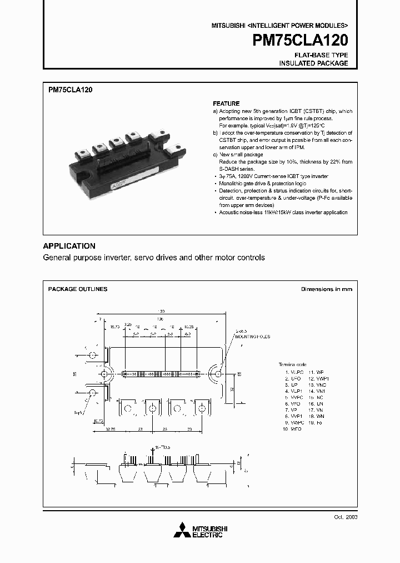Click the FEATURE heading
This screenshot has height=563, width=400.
226,103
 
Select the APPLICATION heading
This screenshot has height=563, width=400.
69,246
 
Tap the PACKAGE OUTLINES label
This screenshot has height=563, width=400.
78,289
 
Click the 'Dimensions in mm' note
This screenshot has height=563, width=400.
326,289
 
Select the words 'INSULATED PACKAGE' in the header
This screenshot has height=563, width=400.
313,63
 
